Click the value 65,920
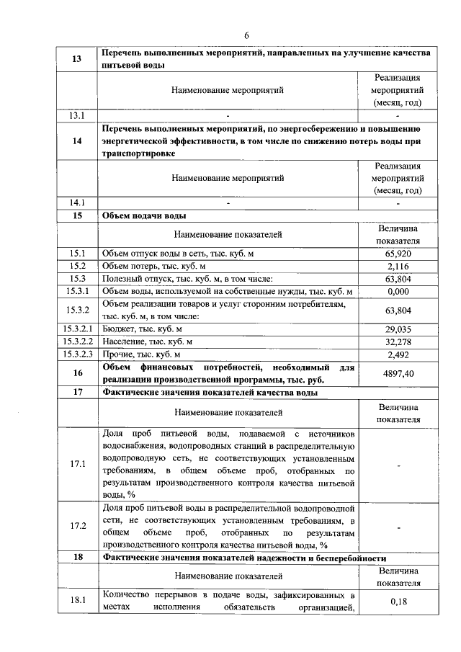398,254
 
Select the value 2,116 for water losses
398,266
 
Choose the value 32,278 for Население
398,341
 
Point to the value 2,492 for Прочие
398,354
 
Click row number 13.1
77,115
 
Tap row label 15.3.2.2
77,341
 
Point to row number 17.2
77,526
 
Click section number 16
77,373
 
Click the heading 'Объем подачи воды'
145,215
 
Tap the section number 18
77,558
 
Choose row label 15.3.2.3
77,354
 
